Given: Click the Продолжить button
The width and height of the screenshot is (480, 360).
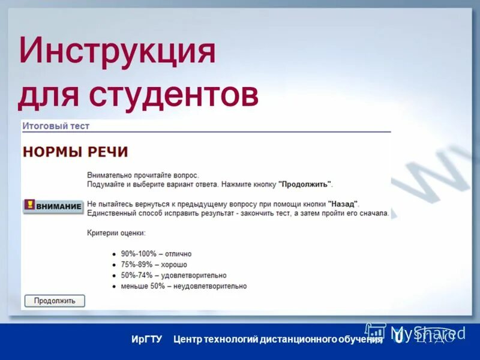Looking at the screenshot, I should point(55,301).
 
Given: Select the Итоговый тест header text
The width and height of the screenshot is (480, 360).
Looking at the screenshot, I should point(56,126).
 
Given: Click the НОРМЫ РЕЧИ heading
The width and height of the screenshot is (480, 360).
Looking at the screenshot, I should point(75,152).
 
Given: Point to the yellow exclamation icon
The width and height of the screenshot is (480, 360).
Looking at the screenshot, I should point(29,205).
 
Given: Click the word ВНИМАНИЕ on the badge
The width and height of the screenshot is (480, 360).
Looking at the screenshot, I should point(59,206).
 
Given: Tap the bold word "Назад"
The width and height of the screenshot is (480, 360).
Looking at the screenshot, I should point(343,203).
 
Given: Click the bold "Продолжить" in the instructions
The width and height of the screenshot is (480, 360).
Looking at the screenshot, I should point(305,184).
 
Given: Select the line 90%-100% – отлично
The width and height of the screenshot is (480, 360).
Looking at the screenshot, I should point(156,254).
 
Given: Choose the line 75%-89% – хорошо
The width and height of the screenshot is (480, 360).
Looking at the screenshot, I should point(154,265).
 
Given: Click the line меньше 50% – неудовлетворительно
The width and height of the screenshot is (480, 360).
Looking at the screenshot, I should point(184,286).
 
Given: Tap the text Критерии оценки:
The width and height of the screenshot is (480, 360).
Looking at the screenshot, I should point(116,232).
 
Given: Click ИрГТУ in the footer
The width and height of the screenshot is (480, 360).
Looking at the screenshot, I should point(147,340).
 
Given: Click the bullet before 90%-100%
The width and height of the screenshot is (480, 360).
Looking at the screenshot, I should point(113,254).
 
